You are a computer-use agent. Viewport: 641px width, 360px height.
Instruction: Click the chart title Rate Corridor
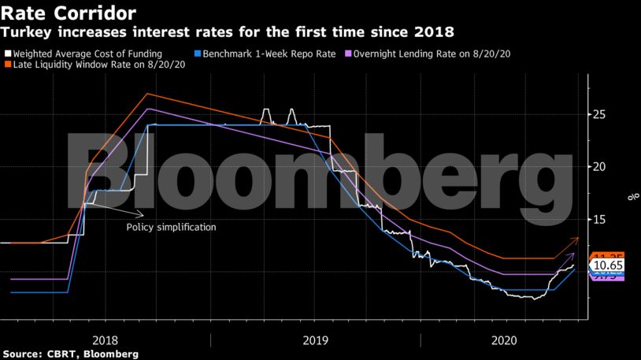point(68,13)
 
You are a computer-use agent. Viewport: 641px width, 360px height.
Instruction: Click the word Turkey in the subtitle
point(24,33)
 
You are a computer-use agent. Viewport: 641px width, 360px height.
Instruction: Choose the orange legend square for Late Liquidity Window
point(8,66)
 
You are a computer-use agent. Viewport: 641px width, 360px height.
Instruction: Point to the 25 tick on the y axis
point(599,115)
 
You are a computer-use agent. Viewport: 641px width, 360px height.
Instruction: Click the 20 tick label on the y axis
point(599,167)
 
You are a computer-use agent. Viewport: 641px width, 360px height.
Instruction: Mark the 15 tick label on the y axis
point(599,220)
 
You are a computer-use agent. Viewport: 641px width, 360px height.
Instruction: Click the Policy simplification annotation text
point(171,228)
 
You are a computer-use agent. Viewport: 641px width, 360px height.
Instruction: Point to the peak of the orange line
point(147,94)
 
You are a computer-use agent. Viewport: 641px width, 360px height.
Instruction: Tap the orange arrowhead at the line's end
point(578,238)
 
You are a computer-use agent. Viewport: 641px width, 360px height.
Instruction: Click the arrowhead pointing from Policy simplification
point(142,214)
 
